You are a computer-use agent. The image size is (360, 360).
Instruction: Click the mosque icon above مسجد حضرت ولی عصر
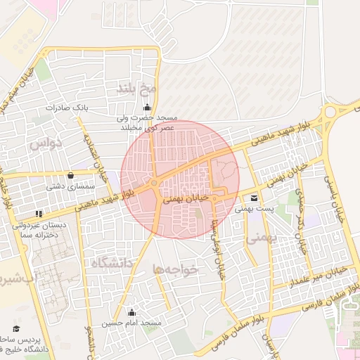(x=147, y=108)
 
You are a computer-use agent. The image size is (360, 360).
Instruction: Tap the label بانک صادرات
(x=65, y=108)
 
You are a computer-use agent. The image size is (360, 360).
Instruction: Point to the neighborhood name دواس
(x=47, y=143)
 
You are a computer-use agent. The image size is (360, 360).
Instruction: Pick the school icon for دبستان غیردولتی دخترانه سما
(x=39, y=212)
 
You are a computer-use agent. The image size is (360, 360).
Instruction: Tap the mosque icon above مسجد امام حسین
(x=131, y=312)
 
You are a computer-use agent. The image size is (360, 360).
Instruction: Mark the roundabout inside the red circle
(x=154, y=185)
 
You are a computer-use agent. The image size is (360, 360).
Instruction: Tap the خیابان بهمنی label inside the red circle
(x=186, y=200)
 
